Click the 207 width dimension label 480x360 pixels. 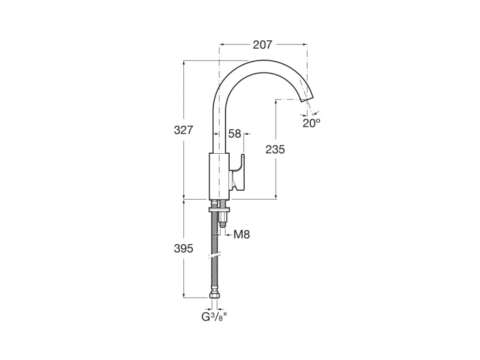[x=262, y=45]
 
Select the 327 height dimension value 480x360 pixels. [x=183, y=130]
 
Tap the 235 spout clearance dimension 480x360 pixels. [x=275, y=150]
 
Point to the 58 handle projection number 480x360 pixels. [x=235, y=134]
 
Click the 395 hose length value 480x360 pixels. [x=183, y=248]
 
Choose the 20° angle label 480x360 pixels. [x=311, y=123]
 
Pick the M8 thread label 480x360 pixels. [x=241, y=234]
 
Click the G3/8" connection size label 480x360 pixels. [x=214, y=317]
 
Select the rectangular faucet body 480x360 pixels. [x=219, y=176]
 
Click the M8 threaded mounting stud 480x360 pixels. [x=223, y=220]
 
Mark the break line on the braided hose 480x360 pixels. [x=215, y=256]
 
